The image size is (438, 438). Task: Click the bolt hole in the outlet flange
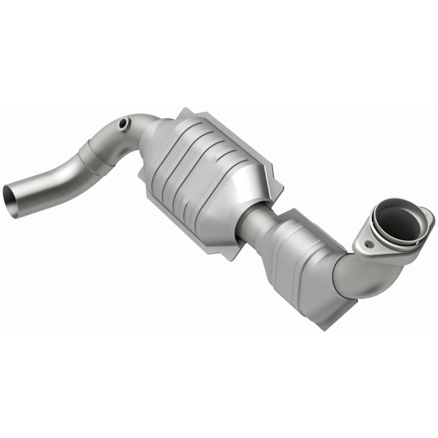(x=368, y=245)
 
